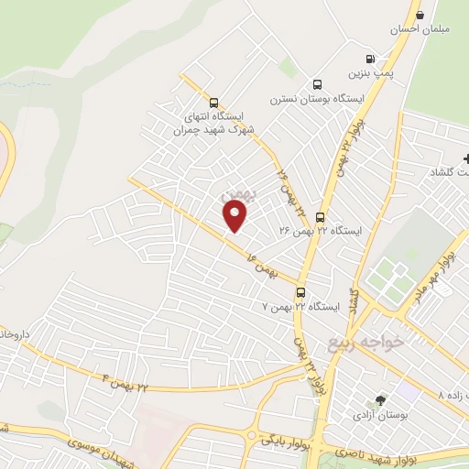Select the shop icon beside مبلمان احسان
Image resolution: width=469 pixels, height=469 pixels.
(420, 15)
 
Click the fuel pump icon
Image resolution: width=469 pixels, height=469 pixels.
(369, 57)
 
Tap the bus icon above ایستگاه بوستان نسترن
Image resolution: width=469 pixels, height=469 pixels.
(317, 83)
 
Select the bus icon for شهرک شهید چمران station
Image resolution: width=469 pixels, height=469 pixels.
(213, 103)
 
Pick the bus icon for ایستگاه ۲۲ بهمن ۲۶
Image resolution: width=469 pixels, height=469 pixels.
(320, 217)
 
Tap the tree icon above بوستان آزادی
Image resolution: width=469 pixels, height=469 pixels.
(381, 400)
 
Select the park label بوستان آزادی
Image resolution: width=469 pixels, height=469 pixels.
(380, 414)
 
